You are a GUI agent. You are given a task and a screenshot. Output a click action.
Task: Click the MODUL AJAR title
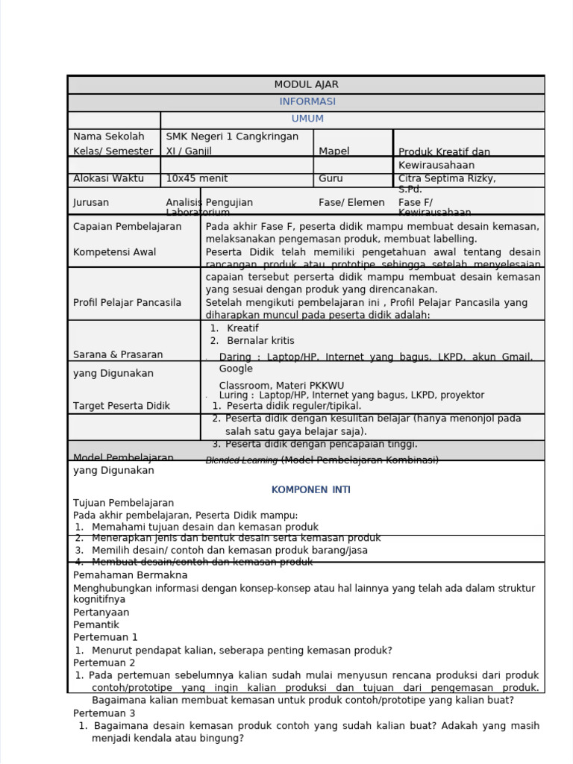tap(306, 84)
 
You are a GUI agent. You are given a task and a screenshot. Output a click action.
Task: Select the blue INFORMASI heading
tap(307, 101)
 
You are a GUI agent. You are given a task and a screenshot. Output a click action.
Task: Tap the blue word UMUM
tap(307, 119)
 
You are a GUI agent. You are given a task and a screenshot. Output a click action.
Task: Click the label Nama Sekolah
tap(108, 137)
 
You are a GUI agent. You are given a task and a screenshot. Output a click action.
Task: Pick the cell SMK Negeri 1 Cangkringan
tap(231, 137)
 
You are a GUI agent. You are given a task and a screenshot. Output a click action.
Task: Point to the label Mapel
tap(334, 151)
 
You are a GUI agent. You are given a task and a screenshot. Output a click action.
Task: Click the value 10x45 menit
tap(196, 178)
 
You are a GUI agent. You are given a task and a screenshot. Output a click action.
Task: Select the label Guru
tap(331, 178)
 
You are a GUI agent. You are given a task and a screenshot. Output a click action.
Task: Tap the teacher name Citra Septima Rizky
tap(446, 178)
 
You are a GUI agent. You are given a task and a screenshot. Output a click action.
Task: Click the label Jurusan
tap(91, 202)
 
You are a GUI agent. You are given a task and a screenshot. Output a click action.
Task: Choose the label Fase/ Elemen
tap(351, 202)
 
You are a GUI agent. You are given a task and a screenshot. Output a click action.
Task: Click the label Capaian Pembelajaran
tap(127, 226)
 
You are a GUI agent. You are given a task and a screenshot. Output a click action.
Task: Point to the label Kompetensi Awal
tap(114, 252)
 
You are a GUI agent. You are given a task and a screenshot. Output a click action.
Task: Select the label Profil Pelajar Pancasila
tap(127, 302)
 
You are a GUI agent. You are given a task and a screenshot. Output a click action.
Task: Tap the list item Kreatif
tap(242, 328)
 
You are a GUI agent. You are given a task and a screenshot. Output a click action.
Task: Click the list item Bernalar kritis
tap(260, 341)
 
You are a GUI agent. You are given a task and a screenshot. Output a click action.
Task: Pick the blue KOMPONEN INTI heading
tap(310, 490)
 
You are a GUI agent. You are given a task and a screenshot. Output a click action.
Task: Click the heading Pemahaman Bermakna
tap(130, 575)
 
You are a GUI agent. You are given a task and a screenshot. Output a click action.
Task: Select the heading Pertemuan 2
tap(104, 663)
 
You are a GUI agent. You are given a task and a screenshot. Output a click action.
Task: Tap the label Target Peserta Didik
tap(121, 406)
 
